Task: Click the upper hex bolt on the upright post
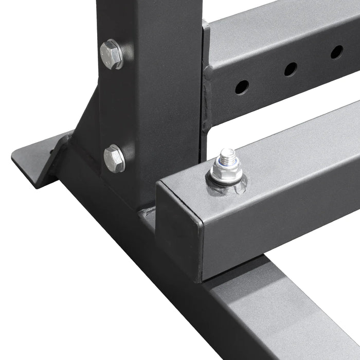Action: [x=111, y=54]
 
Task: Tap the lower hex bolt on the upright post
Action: [x=114, y=158]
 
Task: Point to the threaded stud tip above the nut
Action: [x=227, y=155]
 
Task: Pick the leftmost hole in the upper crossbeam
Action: [x=242, y=87]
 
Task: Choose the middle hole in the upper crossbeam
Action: [x=291, y=69]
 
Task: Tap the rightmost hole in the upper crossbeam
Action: [x=337, y=51]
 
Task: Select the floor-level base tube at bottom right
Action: [x=288, y=319]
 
